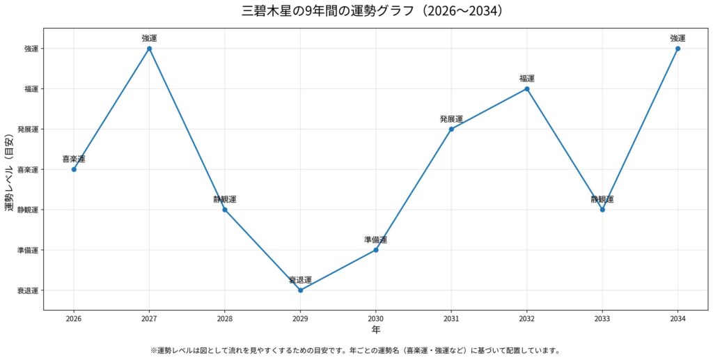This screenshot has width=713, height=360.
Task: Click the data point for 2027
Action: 149,49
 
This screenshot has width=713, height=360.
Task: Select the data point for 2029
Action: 300,290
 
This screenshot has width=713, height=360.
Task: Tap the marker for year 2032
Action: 527,89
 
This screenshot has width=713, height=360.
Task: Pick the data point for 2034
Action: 677,49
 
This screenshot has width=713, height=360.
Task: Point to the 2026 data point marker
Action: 74,169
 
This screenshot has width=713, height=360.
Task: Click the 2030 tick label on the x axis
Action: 375,318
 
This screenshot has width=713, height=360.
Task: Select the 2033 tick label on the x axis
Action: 602,318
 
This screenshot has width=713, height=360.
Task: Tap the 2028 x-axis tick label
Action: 224,318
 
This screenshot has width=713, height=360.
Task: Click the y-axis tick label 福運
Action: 31,89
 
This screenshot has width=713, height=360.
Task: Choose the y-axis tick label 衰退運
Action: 29,290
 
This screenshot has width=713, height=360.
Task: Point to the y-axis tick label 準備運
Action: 29,250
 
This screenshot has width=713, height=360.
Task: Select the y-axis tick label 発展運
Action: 29,130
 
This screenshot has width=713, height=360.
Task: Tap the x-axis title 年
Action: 375,329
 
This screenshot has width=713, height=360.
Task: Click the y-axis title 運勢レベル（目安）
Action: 9,169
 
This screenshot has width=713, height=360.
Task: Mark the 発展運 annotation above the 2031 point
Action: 451,119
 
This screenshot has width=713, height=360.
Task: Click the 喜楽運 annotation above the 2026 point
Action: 74,159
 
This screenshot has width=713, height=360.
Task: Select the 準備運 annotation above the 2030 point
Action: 375,240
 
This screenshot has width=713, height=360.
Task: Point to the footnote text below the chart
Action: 355,350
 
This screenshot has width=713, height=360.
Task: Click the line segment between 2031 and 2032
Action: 489,109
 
